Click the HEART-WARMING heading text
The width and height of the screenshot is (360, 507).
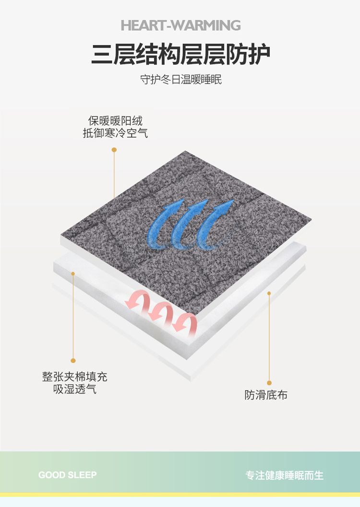point(180,25)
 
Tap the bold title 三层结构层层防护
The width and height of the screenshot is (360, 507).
point(180,54)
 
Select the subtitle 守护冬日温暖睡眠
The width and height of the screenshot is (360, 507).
point(181,79)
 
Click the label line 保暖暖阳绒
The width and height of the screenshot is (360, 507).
point(115,120)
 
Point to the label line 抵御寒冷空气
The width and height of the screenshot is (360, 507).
point(115,133)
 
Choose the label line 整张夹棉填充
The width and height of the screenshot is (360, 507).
point(75,377)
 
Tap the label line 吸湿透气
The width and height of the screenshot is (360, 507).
point(75,389)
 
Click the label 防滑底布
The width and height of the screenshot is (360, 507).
point(266,395)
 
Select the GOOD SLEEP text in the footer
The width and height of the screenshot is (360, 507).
point(68,475)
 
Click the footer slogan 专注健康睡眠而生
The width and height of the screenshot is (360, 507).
point(284,475)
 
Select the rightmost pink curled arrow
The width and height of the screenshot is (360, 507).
point(184,324)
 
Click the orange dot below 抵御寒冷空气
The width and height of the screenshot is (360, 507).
point(114,150)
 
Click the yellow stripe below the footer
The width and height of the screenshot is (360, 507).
point(180,495)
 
